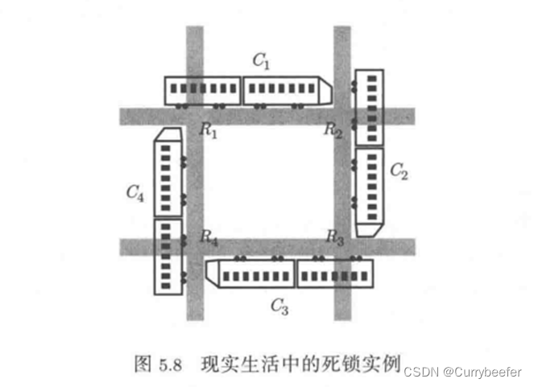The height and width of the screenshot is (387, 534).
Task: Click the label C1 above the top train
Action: pyautogui.click(x=261, y=60)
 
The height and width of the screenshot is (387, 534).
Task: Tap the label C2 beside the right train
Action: pyautogui.click(x=399, y=171)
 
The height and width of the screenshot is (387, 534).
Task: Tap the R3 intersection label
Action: pyautogui.click(x=335, y=237)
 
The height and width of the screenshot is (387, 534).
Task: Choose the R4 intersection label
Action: pyautogui.click(x=209, y=237)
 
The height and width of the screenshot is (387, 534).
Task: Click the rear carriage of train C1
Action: pyautogui.click(x=203, y=90)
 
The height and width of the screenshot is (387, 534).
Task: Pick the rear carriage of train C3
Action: pyautogui.click(x=335, y=274)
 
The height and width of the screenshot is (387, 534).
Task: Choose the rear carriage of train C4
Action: pyautogui.click(x=168, y=256)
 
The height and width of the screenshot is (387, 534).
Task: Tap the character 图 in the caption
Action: pyautogui.click(x=142, y=363)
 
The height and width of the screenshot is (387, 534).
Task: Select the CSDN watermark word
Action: pyautogui.click(x=420, y=372)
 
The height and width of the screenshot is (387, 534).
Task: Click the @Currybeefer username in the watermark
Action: pyautogui.click(x=482, y=372)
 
